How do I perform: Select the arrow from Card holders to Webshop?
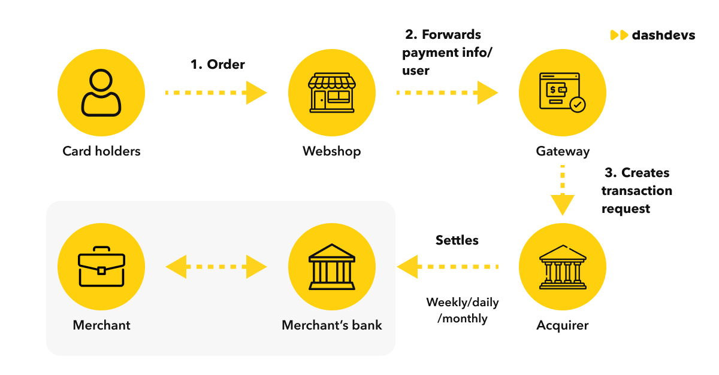[x=216, y=93]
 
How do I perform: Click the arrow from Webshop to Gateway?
[x=447, y=93]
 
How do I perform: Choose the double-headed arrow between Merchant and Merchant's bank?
[x=216, y=266]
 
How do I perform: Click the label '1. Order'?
[x=217, y=65]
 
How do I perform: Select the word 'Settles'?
[x=457, y=240]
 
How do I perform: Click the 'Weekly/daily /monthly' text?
[x=462, y=310]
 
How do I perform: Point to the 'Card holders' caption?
[x=101, y=151]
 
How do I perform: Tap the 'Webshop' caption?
[x=331, y=151]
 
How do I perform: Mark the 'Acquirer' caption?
[x=562, y=325]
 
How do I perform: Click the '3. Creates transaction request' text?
[x=636, y=191]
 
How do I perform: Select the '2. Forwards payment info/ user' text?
[x=446, y=53]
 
